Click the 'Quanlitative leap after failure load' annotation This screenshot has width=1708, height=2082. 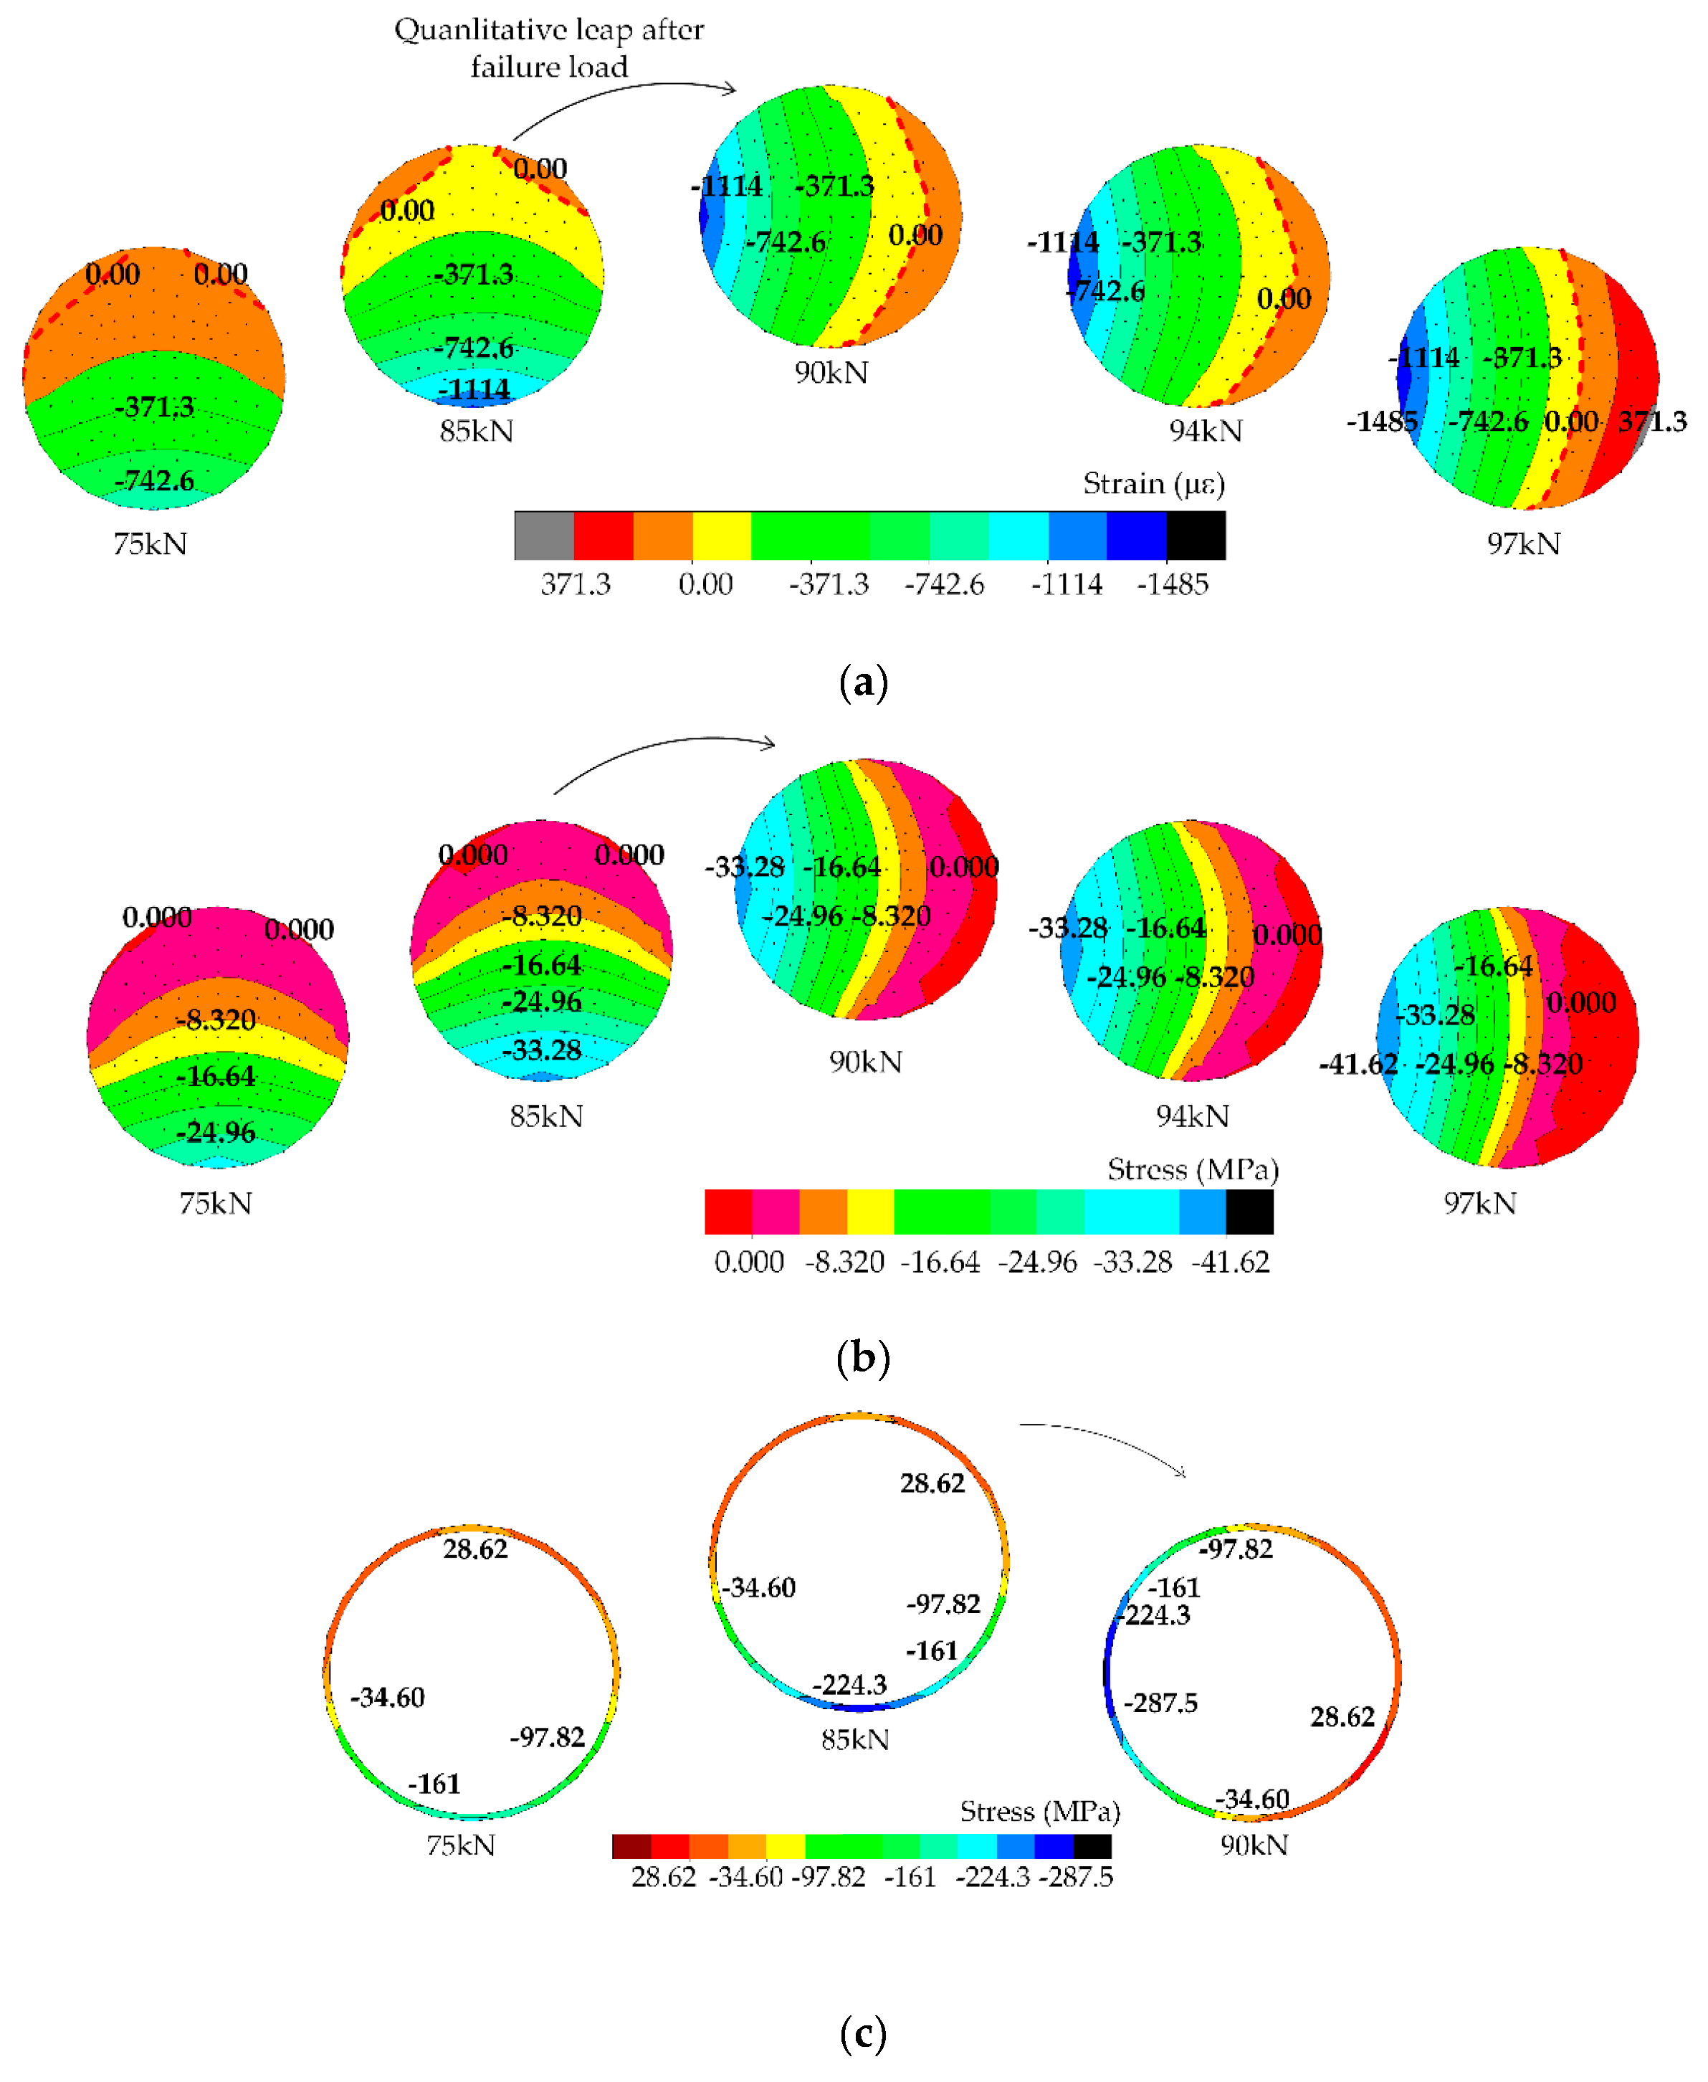click(x=548, y=47)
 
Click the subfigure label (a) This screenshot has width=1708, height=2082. click(x=863, y=681)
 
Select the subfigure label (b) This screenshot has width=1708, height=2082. click(x=863, y=1357)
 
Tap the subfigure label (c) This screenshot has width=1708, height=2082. click(x=863, y=2032)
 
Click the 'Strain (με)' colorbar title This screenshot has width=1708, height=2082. click(x=1153, y=483)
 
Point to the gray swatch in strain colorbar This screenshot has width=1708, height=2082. click(x=543, y=536)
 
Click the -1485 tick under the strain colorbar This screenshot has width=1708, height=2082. click(x=1172, y=584)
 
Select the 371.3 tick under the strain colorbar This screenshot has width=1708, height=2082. click(x=576, y=584)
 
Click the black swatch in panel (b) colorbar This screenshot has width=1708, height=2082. click(x=1249, y=1211)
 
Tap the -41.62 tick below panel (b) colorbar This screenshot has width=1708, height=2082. click(x=1230, y=1261)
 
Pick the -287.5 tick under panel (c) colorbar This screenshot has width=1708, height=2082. click(x=1075, y=1876)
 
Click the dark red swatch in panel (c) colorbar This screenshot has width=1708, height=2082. click(x=631, y=1846)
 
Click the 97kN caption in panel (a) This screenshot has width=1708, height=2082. click(x=1523, y=544)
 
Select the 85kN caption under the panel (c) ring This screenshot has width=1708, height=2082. click(x=854, y=1739)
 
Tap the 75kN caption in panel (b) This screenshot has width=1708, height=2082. click(x=216, y=1202)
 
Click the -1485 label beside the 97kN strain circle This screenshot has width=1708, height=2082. click(x=1381, y=421)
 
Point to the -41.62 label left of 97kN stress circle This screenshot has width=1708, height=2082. click(x=1358, y=1064)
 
